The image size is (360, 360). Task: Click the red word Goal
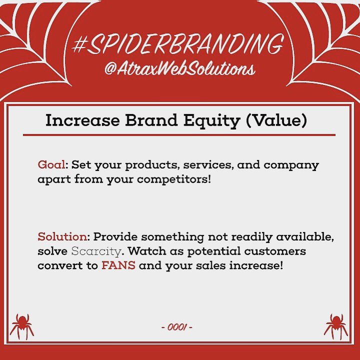(x=51, y=165)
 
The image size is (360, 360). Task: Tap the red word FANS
(x=118, y=265)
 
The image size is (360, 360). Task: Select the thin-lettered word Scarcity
(x=96, y=251)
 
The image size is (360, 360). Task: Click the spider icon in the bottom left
(x=22, y=325)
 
